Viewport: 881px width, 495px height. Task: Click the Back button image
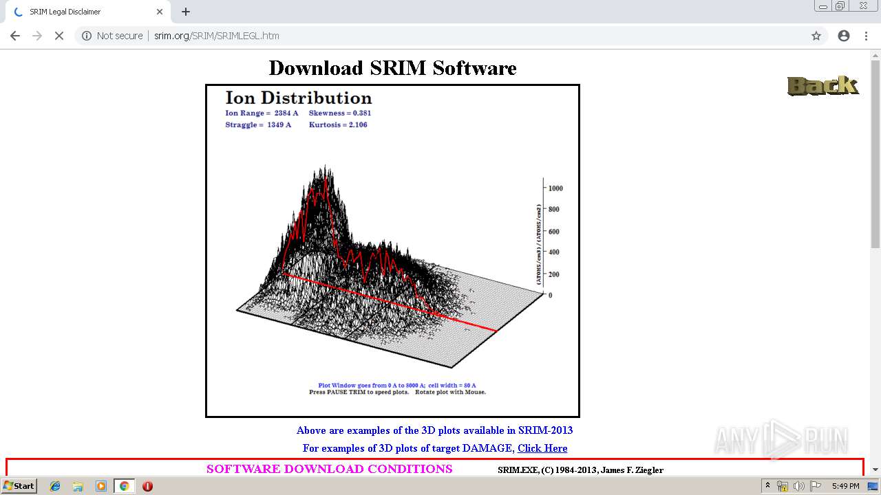tap(822, 85)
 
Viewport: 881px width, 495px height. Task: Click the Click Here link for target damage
tap(542, 448)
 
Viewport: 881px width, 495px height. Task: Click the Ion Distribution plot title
tap(299, 98)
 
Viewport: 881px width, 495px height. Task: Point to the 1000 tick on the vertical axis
tap(555, 188)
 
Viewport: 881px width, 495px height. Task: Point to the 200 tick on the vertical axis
tap(554, 274)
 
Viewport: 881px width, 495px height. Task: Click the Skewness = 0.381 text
tap(340, 113)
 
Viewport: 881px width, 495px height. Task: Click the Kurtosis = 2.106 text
tap(338, 124)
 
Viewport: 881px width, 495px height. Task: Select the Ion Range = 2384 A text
tap(262, 113)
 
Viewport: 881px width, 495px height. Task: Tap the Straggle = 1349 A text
tap(258, 124)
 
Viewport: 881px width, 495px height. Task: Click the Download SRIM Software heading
tap(392, 68)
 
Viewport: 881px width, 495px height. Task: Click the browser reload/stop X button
tap(59, 36)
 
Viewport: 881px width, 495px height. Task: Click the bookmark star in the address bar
tap(816, 36)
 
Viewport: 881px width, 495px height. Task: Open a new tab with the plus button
tap(186, 12)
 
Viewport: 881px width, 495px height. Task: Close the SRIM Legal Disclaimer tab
tap(160, 12)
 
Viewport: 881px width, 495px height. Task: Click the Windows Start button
tap(19, 485)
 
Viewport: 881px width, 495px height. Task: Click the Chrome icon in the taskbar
tap(124, 485)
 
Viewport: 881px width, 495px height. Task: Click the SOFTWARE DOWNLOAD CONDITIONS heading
tap(329, 469)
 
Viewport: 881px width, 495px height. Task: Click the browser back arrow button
tap(15, 36)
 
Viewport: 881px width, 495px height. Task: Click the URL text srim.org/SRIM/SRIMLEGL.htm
tap(216, 36)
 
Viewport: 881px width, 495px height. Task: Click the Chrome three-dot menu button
tap(866, 36)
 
